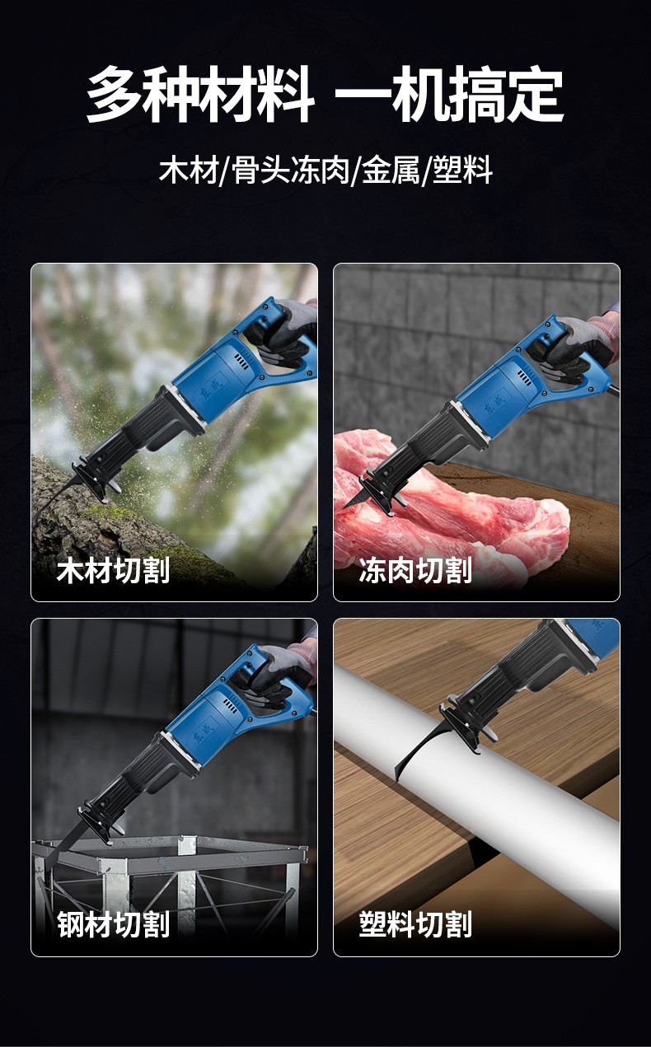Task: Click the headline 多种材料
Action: pos(200,94)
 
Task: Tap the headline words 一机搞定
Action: pos(449,94)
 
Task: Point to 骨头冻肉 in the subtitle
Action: pos(291,169)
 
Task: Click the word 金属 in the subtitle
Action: pos(391,169)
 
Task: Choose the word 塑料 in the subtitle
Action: pos(462,169)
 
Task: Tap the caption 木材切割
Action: pos(113,570)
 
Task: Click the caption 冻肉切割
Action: pos(415,570)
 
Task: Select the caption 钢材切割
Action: pos(113,924)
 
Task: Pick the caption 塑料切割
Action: pos(415,924)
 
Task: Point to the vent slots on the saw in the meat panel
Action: pos(524,377)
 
